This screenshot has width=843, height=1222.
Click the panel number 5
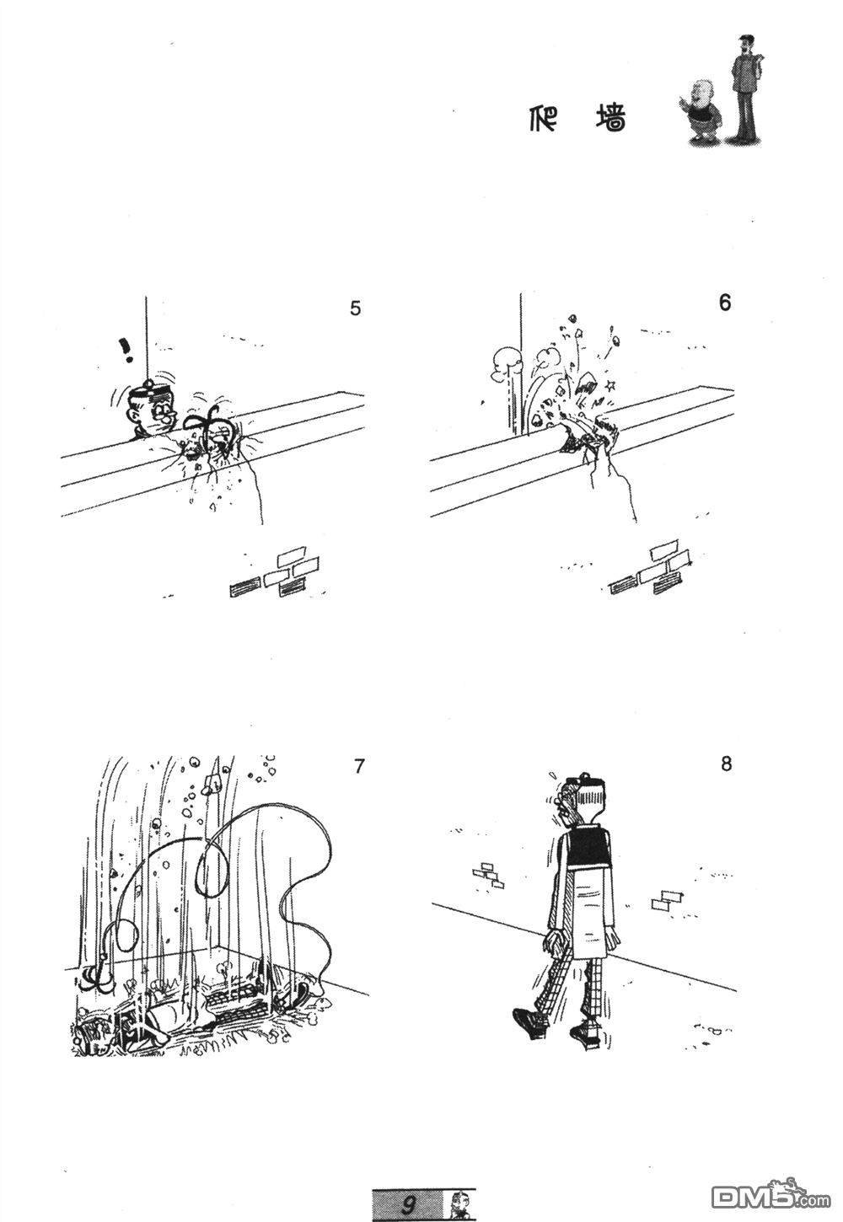point(355,308)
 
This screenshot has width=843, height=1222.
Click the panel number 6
point(725,303)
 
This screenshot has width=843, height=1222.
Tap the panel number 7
point(358,766)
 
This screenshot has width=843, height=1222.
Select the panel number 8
point(726,764)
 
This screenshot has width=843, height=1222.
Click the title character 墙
point(610,118)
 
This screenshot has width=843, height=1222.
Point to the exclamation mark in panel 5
point(127,351)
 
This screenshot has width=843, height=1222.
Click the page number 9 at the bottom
point(407,1204)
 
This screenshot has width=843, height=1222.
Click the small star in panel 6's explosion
point(611,386)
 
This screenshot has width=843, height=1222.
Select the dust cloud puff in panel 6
point(507,362)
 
